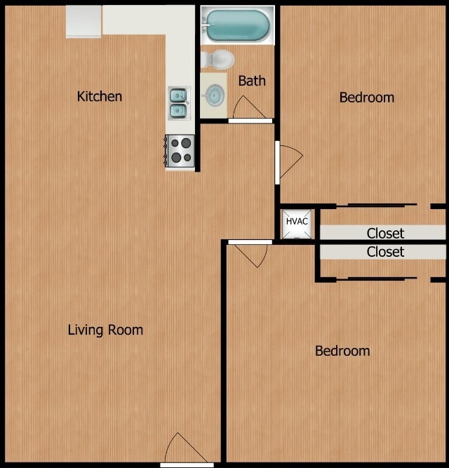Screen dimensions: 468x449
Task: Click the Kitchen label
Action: pos(100,96)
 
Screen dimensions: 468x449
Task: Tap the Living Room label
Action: pos(105,330)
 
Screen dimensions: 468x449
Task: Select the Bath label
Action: pos(252,81)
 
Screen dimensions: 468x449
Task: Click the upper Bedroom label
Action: pos(366,98)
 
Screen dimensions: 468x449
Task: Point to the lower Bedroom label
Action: pos(342,351)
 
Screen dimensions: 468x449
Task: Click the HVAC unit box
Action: pos(297,222)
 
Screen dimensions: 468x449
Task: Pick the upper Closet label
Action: pos(385,233)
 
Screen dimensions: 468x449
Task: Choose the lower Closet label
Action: pos(385,251)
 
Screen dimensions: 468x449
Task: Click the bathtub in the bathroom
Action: pos(236,25)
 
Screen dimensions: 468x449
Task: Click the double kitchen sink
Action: pos(178,102)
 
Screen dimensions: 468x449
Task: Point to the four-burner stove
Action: pos(180,150)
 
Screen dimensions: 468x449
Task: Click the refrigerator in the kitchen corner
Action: pos(84,21)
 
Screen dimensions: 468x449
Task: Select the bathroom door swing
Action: pos(248,108)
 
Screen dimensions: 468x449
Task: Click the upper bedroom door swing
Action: pos(289,160)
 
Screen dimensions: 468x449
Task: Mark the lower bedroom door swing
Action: pos(250,255)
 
